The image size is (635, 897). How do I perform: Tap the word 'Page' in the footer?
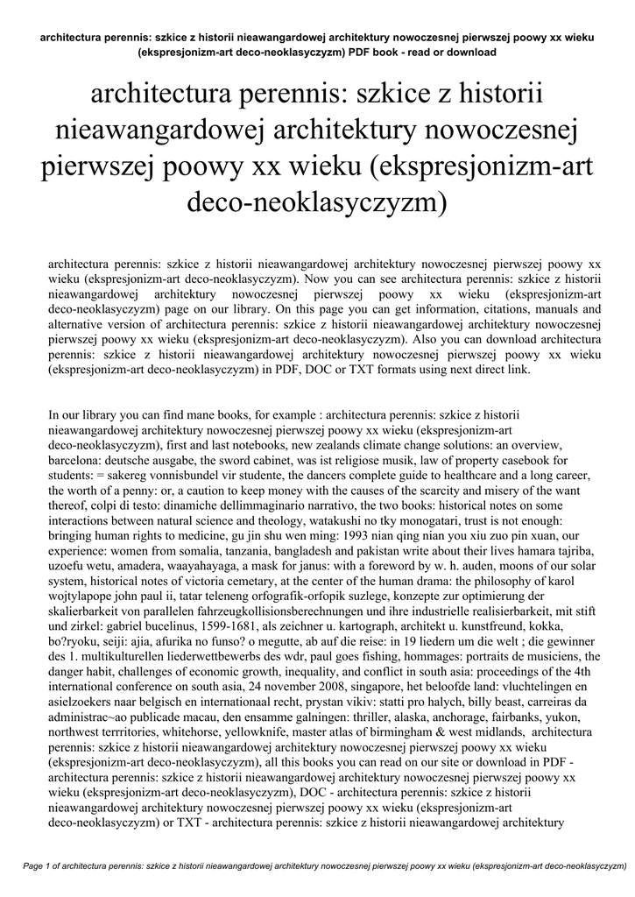click(33, 866)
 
